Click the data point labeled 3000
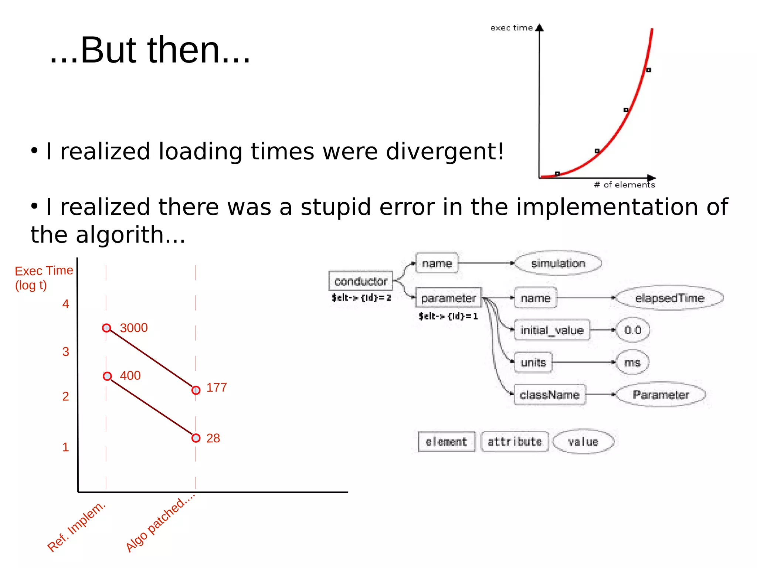click(x=106, y=328)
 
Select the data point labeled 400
click(x=107, y=376)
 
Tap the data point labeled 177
click(x=196, y=390)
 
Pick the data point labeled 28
click(x=196, y=438)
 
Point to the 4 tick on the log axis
click(x=66, y=304)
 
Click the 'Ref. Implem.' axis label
click(x=77, y=527)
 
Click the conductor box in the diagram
click(x=360, y=281)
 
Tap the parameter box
click(x=448, y=298)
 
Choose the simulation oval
click(x=558, y=263)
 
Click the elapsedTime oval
click(x=669, y=298)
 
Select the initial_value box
click(x=552, y=330)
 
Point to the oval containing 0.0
click(x=633, y=330)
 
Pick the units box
click(x=533, y=362)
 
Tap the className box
click(x=549, y=395)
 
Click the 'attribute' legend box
click(x=515, y=442)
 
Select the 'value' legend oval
click(x=583, y=442)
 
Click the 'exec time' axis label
click(x=511, y=28)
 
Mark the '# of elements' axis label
click(x=624, y=185)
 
